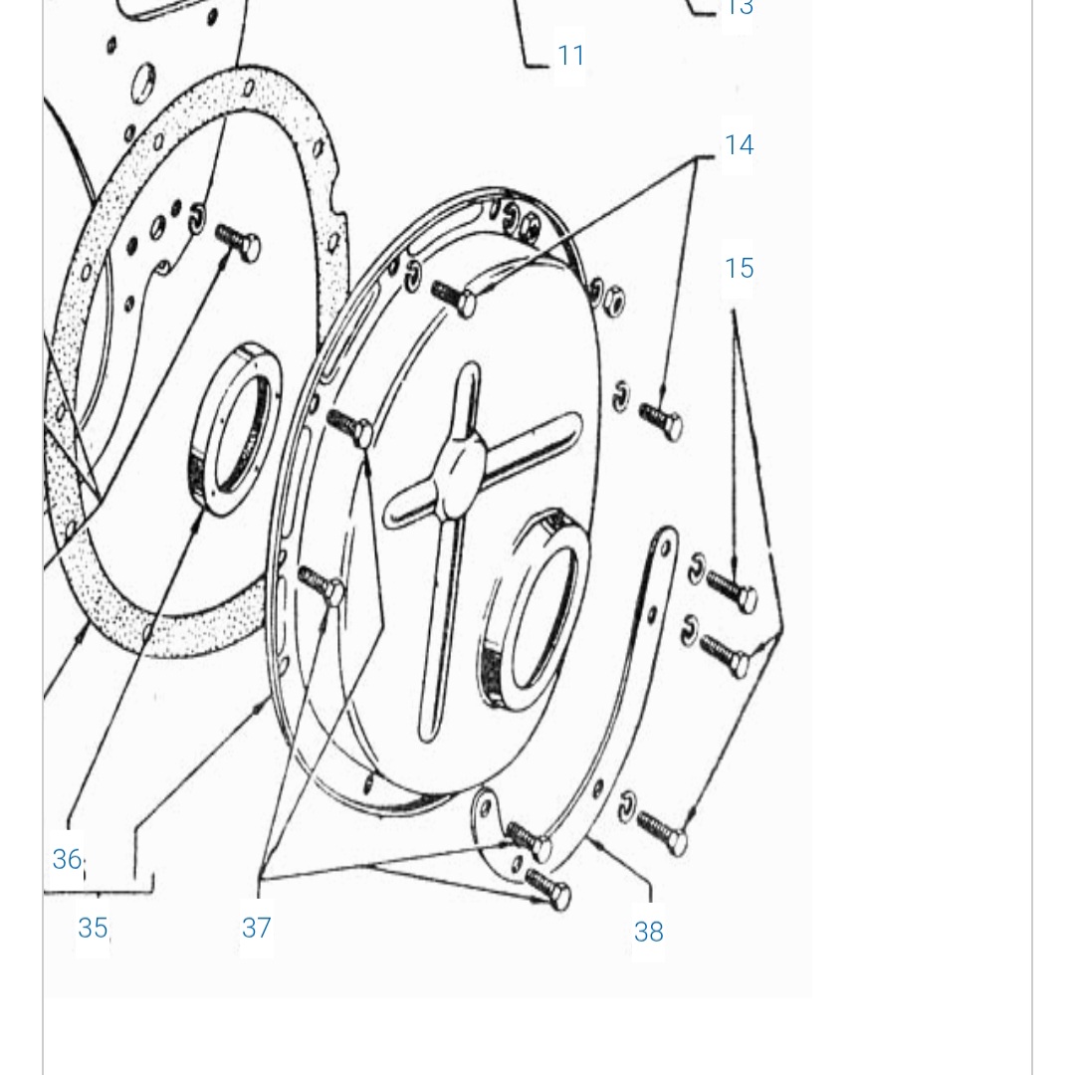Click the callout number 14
click(x=739, y=145)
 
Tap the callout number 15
click(x=739, y=269)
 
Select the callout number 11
click(x=571, y=55)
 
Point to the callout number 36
click(x=67, y=858)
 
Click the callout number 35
click(x=92, y=928)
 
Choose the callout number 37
click(x=256, y=928)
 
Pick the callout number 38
click(x=648, y=932)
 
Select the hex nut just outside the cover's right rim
click(x=614, y=295)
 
